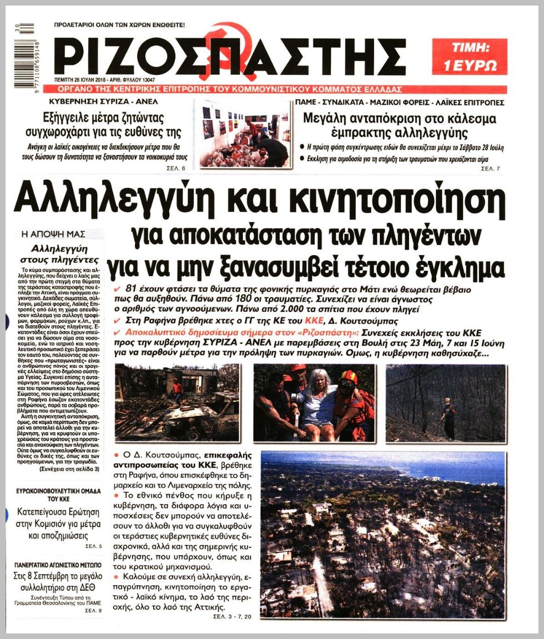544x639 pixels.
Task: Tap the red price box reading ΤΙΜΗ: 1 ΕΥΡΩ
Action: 469,56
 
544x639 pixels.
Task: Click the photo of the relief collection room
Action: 244,133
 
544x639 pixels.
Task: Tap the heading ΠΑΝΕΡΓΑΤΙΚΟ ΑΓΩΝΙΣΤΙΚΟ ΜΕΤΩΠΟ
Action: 58,564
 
